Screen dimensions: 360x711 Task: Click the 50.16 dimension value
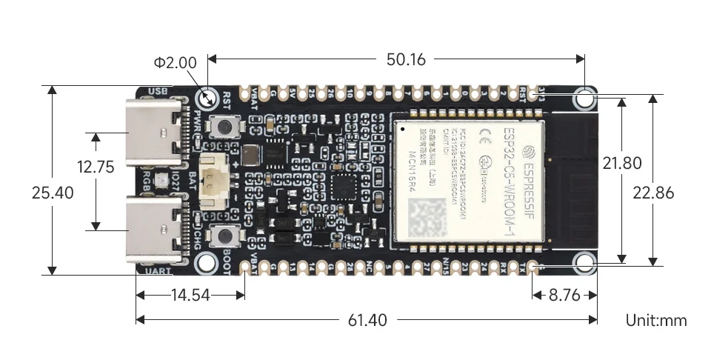tap(406, 59)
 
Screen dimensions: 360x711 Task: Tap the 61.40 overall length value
tap(367, 320)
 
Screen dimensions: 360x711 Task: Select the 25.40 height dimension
tap(53, 193)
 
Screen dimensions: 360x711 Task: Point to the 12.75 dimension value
tap(96, 167)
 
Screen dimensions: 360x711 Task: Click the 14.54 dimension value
tap(190, 295)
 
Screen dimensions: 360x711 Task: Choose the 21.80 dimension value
tap(621, 163)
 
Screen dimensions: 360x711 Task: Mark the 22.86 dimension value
tap(653, 193)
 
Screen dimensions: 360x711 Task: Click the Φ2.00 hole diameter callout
tap(176, 63)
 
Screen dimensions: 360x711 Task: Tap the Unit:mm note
tap(656, 320)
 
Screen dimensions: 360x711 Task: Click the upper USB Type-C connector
tap(156, 133)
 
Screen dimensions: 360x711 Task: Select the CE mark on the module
tap(485, 135)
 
